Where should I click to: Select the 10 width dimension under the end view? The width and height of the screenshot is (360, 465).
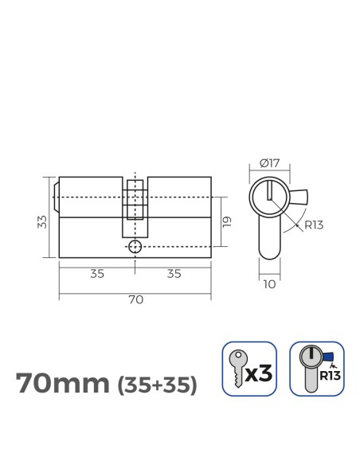[270, 282]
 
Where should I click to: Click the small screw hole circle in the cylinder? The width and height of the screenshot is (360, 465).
[135, 246]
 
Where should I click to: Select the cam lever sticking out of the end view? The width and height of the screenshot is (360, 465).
[301, 196]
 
